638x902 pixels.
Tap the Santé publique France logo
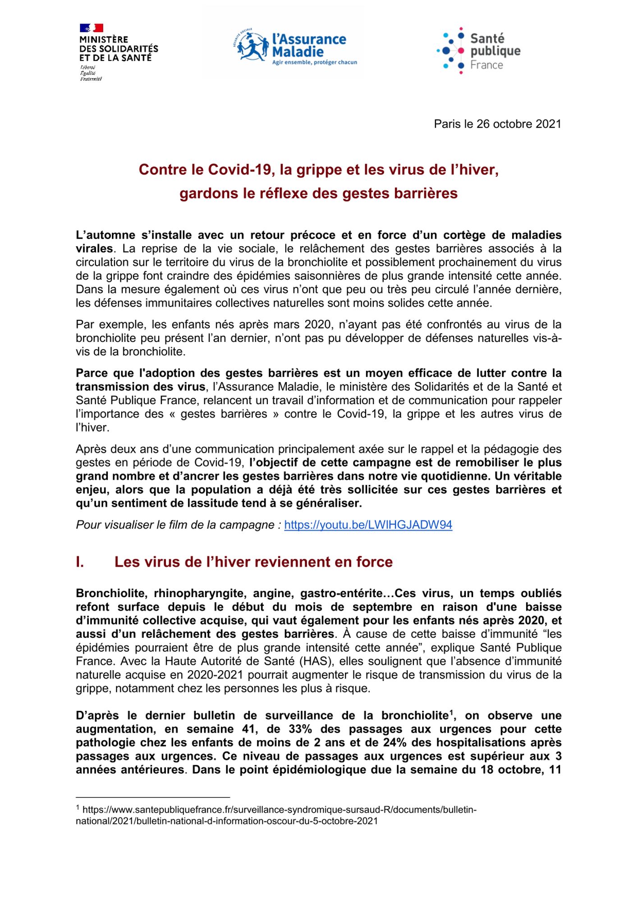pyautogui.click(x=478, y=50)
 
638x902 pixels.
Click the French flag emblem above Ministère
pyautogui.click(x=92, y=28)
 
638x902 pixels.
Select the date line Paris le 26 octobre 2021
pyautogui.click(x=497, y=124)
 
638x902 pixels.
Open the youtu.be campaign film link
pyautogui.click(x=368, y=525)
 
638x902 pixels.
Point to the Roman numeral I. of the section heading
pyautogui.click(x=81, y=562)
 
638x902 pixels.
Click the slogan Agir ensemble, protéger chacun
pyautogui.click(x=314, y=62)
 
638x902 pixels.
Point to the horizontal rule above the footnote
pyautogui.click(x=153, y=797)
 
